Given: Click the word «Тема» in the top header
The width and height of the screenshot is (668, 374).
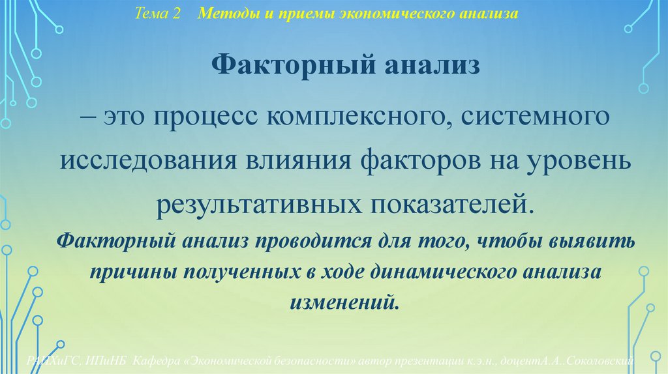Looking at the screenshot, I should (x=151, y=14).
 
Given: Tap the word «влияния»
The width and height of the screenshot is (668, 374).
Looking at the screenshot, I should (x=281, y=162).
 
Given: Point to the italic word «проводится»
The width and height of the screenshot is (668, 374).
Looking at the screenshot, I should (x=311, y=242).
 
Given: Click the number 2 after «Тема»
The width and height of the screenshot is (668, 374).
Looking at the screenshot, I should (x=176, y=14).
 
